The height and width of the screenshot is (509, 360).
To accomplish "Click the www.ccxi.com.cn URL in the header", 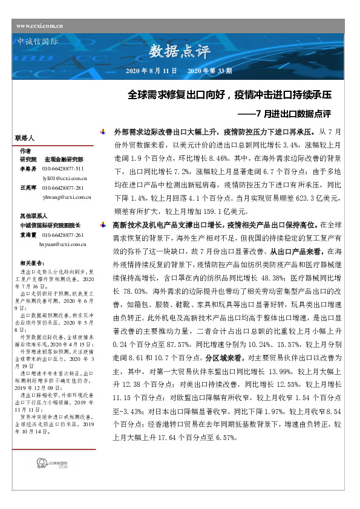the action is (x=40, y=25).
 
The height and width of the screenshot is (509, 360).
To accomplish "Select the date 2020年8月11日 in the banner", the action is (x=151, y=71).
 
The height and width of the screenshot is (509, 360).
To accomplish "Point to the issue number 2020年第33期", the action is (x=210, y=71).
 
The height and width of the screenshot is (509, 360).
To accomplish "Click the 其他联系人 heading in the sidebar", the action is (x=34, y=215).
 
